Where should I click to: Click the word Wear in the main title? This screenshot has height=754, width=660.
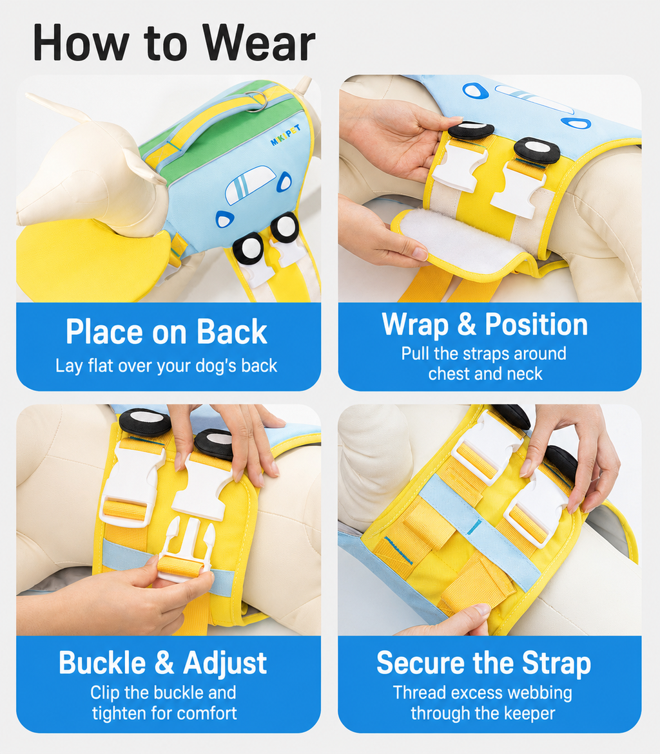(x=258, y=42)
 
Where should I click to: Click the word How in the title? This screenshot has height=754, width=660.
(x=81, y=42)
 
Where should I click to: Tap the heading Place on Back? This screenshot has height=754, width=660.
(x=166, y=332)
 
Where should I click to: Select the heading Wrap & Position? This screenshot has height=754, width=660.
(x=485, y=325)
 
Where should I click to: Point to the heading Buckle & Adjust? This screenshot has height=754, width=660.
(x=162, y=663)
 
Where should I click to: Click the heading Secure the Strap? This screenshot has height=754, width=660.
(x=484, y=663)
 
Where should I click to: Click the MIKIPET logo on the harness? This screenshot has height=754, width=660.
(x=286, y=135)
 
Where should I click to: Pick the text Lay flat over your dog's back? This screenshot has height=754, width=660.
(x=166, y=366)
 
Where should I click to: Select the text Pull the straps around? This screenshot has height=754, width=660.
(x=484, y=354)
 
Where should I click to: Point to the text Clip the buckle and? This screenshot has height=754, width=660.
(x=163, y=693)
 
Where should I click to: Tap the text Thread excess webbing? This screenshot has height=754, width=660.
(x=483, y=693)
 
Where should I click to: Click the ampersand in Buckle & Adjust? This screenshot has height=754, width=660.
(x=164, y=663)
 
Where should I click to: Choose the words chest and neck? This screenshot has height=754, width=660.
(x=485, y=374)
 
